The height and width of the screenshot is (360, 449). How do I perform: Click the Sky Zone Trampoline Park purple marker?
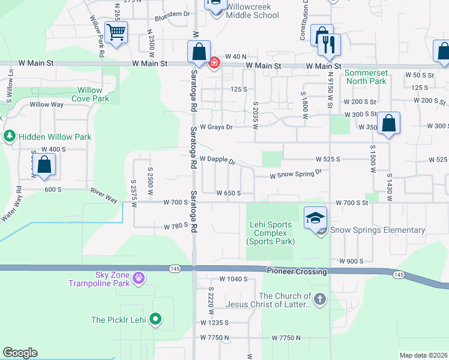pyautogui.click(x=139, y=278)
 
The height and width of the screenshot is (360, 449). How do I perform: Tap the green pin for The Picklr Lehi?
pyautogui.click(x=155, y=319)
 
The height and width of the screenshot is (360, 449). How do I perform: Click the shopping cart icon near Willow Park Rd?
pyautogui.click(x=116, y=32)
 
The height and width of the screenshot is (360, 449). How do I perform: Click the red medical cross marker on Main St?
pyautogui.click(x=214, y=62)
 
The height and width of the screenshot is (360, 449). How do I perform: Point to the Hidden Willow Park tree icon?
pyautogui.click(x=9, y=136)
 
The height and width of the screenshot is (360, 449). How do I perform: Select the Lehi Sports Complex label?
pyautogui.click(x=271, y=233)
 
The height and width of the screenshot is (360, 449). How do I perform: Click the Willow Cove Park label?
pyautogui.click(x=91, y=94)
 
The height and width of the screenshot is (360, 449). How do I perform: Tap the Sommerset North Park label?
pyautogui.click(x=366, y=77)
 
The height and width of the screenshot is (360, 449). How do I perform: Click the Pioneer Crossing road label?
pyautogui.click(x=297, y=272)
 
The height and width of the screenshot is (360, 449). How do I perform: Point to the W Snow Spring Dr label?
pyautogui.click(x=296, y=173)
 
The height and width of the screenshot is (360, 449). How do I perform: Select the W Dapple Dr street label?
pyautogui.click(x=217, y=160)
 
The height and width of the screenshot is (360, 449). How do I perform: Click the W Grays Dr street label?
pyautogui.click(x=216, y=127)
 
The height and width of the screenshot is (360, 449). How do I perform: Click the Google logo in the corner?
pyautogui.click(x=20, y=353)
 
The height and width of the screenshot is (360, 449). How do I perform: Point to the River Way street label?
pyautogui.click(x=103, y=196)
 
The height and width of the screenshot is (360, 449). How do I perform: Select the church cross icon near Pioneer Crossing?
pyautogui.click(x=320, y=298)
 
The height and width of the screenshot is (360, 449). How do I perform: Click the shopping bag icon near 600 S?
pyautogui.click(x=44, y=165)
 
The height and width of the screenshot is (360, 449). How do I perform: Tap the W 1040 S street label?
pyautogui.click(x=234, y=279)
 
